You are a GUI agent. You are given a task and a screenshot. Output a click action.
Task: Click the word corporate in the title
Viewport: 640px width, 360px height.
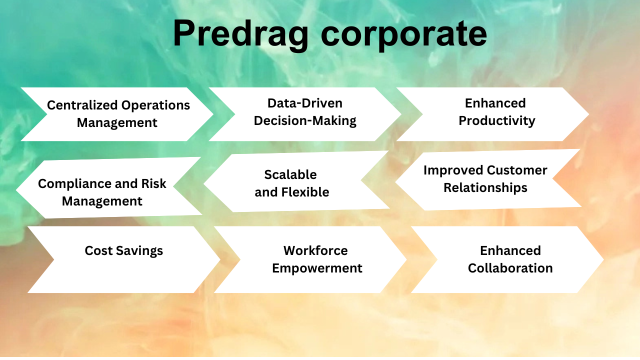(x=404, y=34)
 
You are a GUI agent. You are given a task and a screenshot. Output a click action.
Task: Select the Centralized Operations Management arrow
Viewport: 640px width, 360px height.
(x=118, y=114)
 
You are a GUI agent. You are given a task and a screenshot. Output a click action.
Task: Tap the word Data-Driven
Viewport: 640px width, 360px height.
(x=305, y=103)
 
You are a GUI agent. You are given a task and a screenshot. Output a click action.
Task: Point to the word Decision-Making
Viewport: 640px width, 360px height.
(x=305, y=121)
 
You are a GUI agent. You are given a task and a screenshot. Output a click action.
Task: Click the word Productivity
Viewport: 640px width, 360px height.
(x=497, y=121)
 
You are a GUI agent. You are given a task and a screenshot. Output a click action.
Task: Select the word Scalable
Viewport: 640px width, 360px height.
(x=290, y=174)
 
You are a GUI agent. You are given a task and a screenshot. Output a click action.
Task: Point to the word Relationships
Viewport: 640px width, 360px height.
(x=485, y=188)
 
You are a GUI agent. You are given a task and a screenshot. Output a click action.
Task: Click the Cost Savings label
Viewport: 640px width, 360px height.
(x=124, y=250)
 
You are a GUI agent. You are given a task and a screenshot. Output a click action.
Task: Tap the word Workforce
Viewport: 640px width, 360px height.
(x=315, y=250)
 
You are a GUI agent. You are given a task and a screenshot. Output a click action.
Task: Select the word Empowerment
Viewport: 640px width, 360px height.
(x=317, y=268)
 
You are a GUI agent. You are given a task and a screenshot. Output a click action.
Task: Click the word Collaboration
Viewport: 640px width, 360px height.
(x=510, y=268)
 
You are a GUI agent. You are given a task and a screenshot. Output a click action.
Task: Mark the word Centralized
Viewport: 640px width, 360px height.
(x=82, y=105)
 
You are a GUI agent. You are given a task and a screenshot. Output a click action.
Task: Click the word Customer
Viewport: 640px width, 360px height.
(x=517, y=170)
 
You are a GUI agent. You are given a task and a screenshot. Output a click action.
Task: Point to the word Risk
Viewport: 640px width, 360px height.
(x=152, y=183)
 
